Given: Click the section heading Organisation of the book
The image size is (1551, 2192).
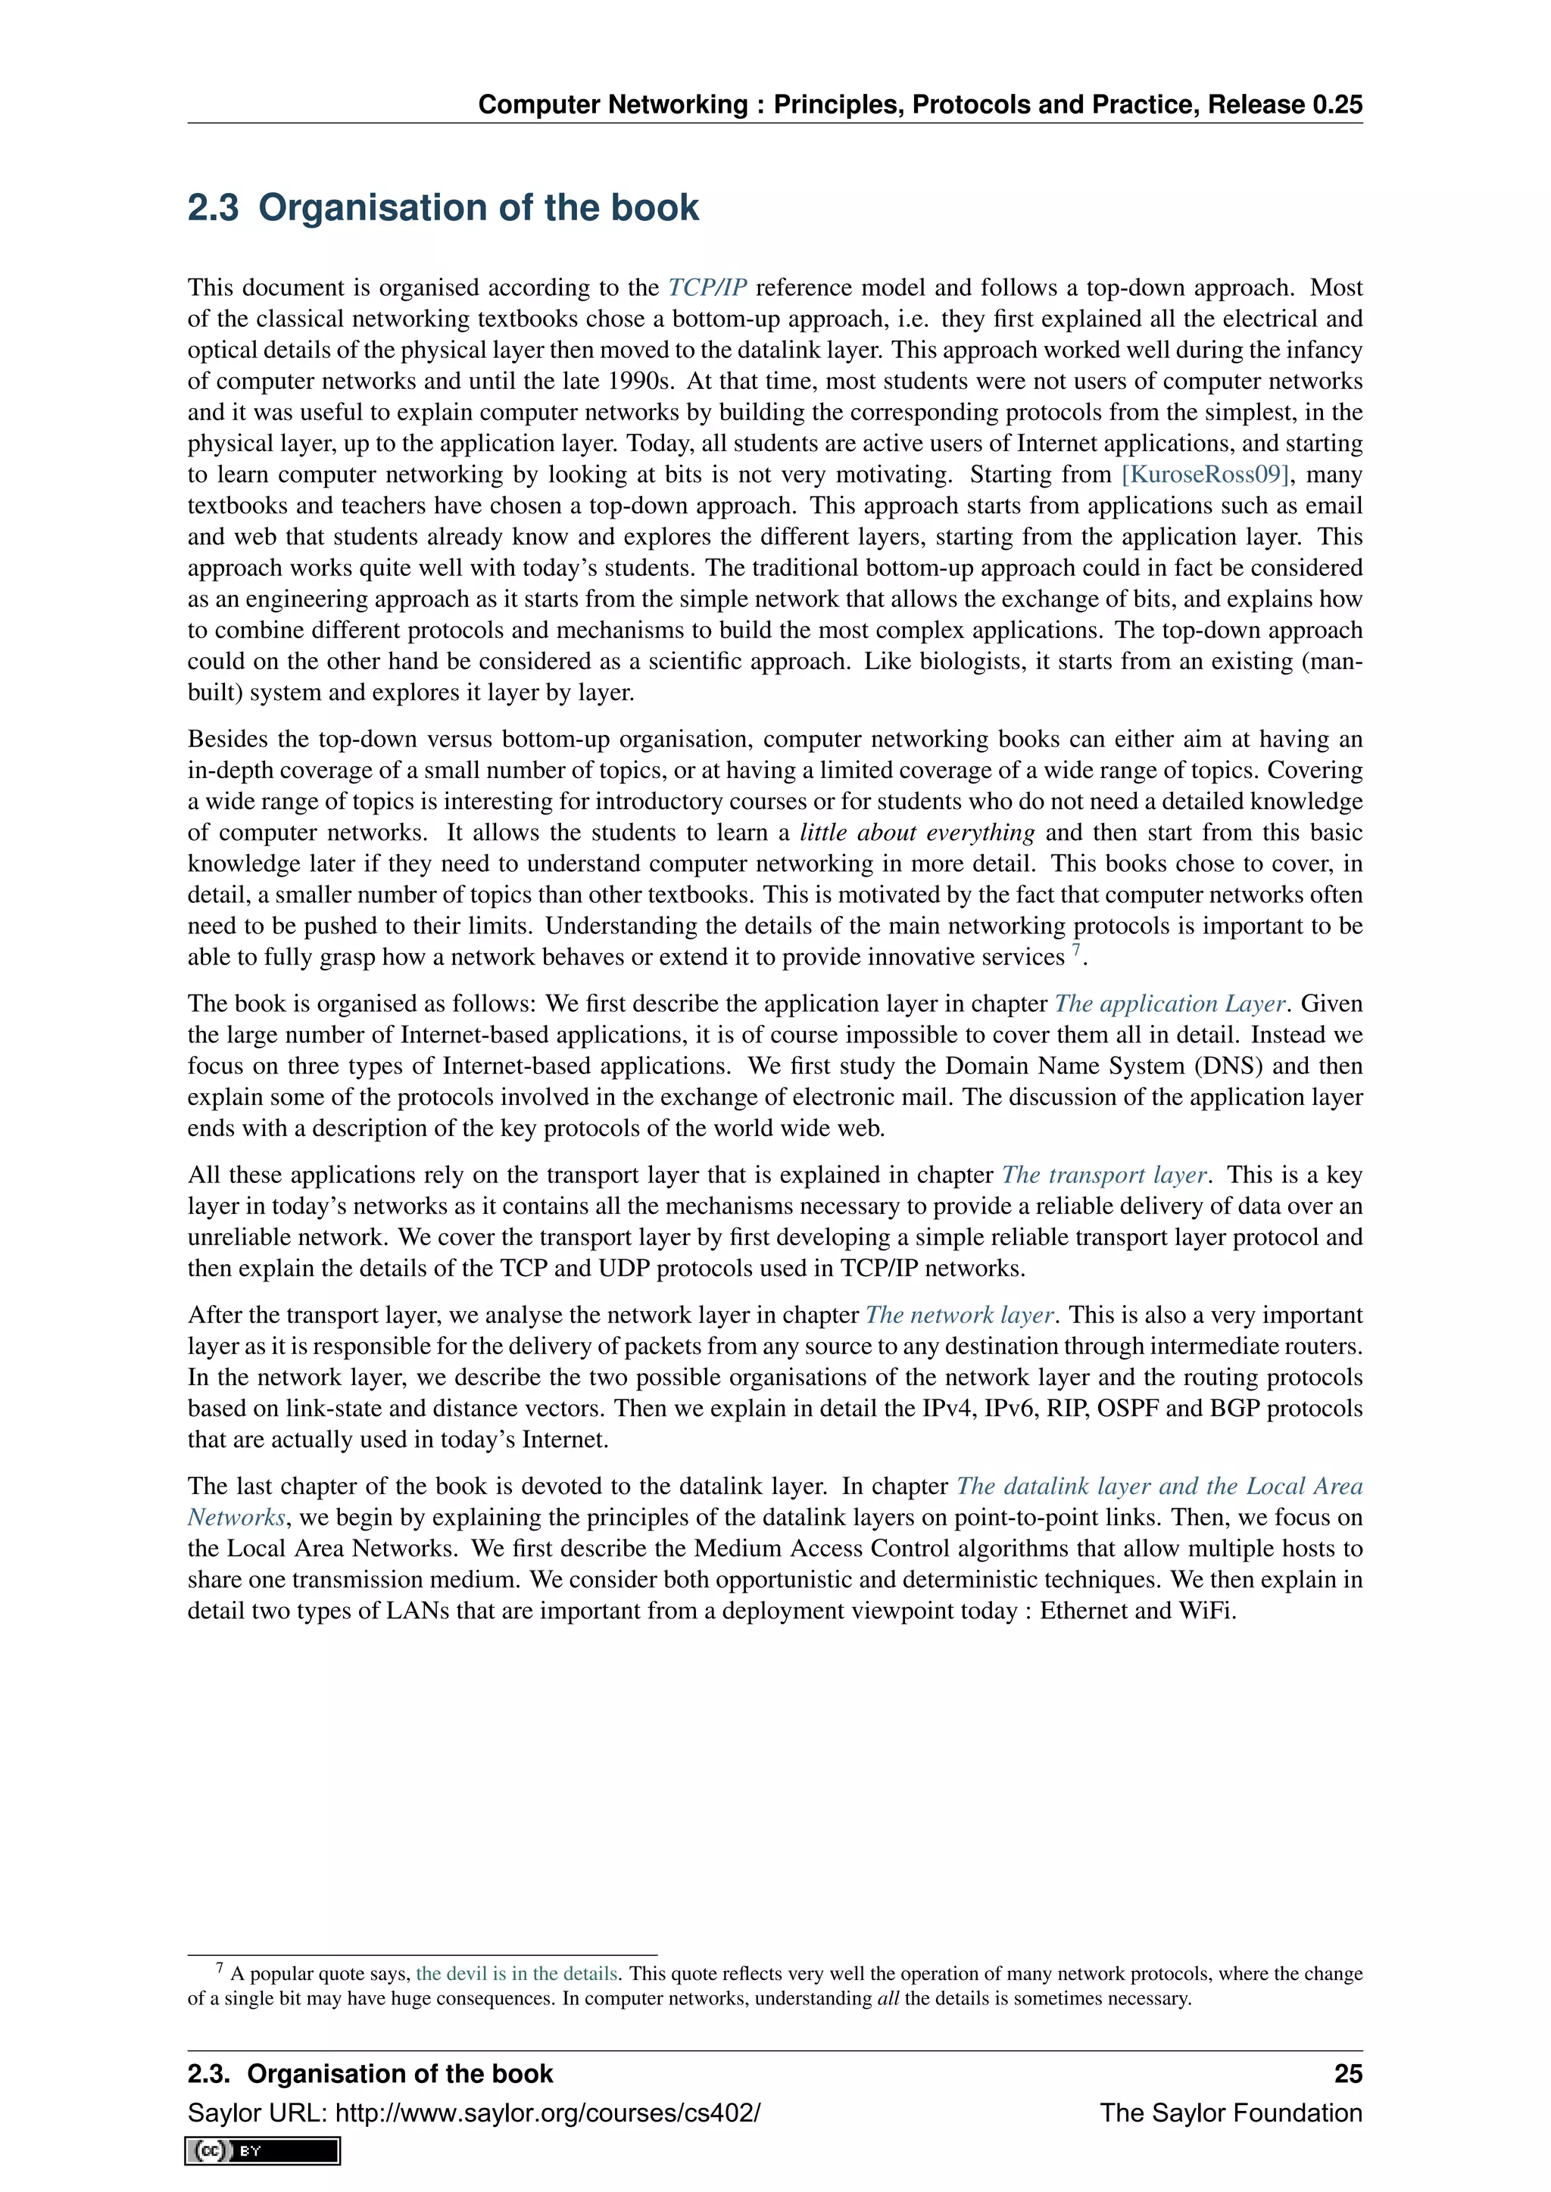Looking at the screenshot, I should click(443, 208).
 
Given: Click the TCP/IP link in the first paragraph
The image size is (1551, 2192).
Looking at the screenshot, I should click(707, 288).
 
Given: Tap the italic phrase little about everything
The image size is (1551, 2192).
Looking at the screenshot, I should click(917, 833).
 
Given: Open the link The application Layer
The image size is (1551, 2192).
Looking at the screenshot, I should click(1170, 1004).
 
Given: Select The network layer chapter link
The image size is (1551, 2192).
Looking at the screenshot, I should click(960, 1315).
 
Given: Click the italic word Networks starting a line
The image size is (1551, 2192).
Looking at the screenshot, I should click(236, 1517).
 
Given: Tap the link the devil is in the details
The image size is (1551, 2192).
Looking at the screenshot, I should click(516, 1973).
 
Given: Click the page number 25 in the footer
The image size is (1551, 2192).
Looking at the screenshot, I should click(1347, 2074).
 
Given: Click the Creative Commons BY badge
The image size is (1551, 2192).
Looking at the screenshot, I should click(263, 2151).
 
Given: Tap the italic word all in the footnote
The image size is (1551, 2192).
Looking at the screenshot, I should click(888, 1998).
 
